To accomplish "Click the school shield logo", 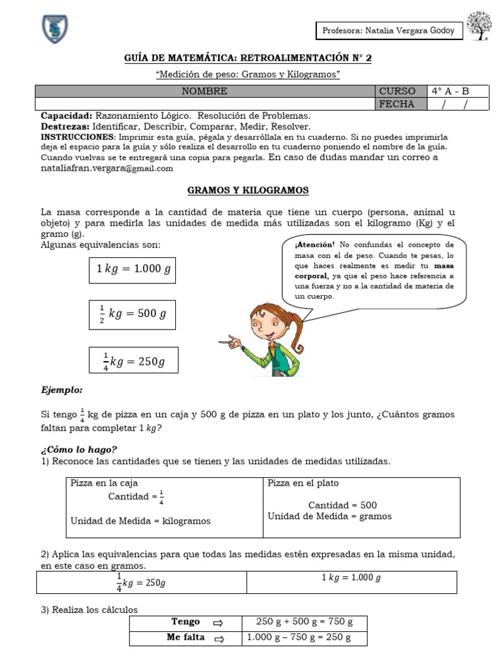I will [x=55, y=30].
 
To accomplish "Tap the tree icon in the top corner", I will [x=479, y=27].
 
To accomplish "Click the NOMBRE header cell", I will [x=205, y=91].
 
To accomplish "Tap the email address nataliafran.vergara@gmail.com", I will [x=107, y=169].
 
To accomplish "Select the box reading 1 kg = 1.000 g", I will [x=132, y=269].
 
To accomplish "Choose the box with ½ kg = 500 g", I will [x=132, y=314].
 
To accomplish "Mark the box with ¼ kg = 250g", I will [x=133, y=359].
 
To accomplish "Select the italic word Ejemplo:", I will [x=62, y=390].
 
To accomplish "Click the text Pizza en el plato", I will [x=303, y=483].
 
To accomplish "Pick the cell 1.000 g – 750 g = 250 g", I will [x=299, y=638].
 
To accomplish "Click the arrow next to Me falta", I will [x=219, y=639].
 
